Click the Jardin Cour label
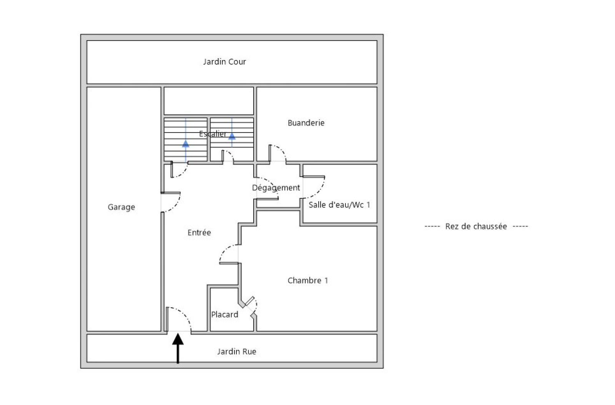pyautogui.click(x=224, y=62)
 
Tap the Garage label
pyautogui.click(x=121, y=207)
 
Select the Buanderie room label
pyautogui.click(x=306, y=123)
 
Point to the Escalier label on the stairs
pyautogui.click(x=213, y=134)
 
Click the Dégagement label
pyautogui.click(x=276, y=188)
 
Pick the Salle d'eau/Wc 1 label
pyautogui.click(x=339, y=205)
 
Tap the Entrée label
pyautogui.click(x=199, y=233)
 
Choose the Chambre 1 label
pyautogui.click(x=307, y=280)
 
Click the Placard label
pyautogui.click(x=224, y=315)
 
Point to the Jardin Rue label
pyautogui.click(x=236, y=351)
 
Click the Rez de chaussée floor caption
pyautogui.click(x=476, y=226)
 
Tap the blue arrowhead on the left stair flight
pyautogui.click(x=186, y=144)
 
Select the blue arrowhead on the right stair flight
pyautogui.click(x=232, y=136)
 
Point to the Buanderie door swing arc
pyautogui.click(x=279, y=152)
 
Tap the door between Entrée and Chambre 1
pyautogui.click(x=228, y=254)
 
